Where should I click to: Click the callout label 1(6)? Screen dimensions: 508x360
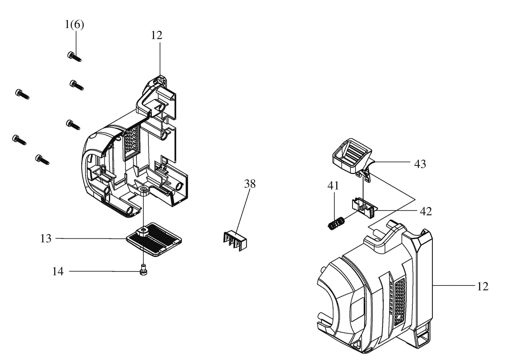[x=75, y=25]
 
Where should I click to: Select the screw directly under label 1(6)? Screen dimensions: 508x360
[x=75, y=57]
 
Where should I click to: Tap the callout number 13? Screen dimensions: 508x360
[x=46, y=239]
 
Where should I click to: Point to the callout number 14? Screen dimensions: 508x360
[x=58, y=271]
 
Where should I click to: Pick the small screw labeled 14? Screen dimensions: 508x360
[x=143, y=270]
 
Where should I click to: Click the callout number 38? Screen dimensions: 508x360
[x=250, y=184]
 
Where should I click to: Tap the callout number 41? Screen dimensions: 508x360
[x=333, y=186]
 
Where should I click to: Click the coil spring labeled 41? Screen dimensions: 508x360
[x=336, y=224]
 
